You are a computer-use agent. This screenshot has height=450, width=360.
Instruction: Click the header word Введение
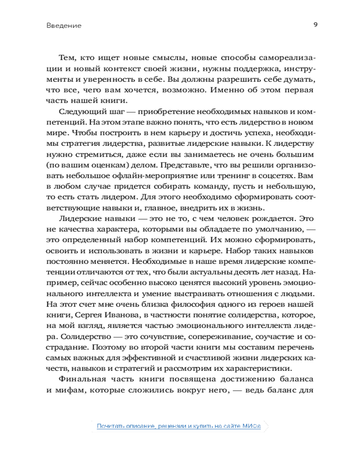(63, 26)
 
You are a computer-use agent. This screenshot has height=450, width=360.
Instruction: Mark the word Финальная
(82, 379)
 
